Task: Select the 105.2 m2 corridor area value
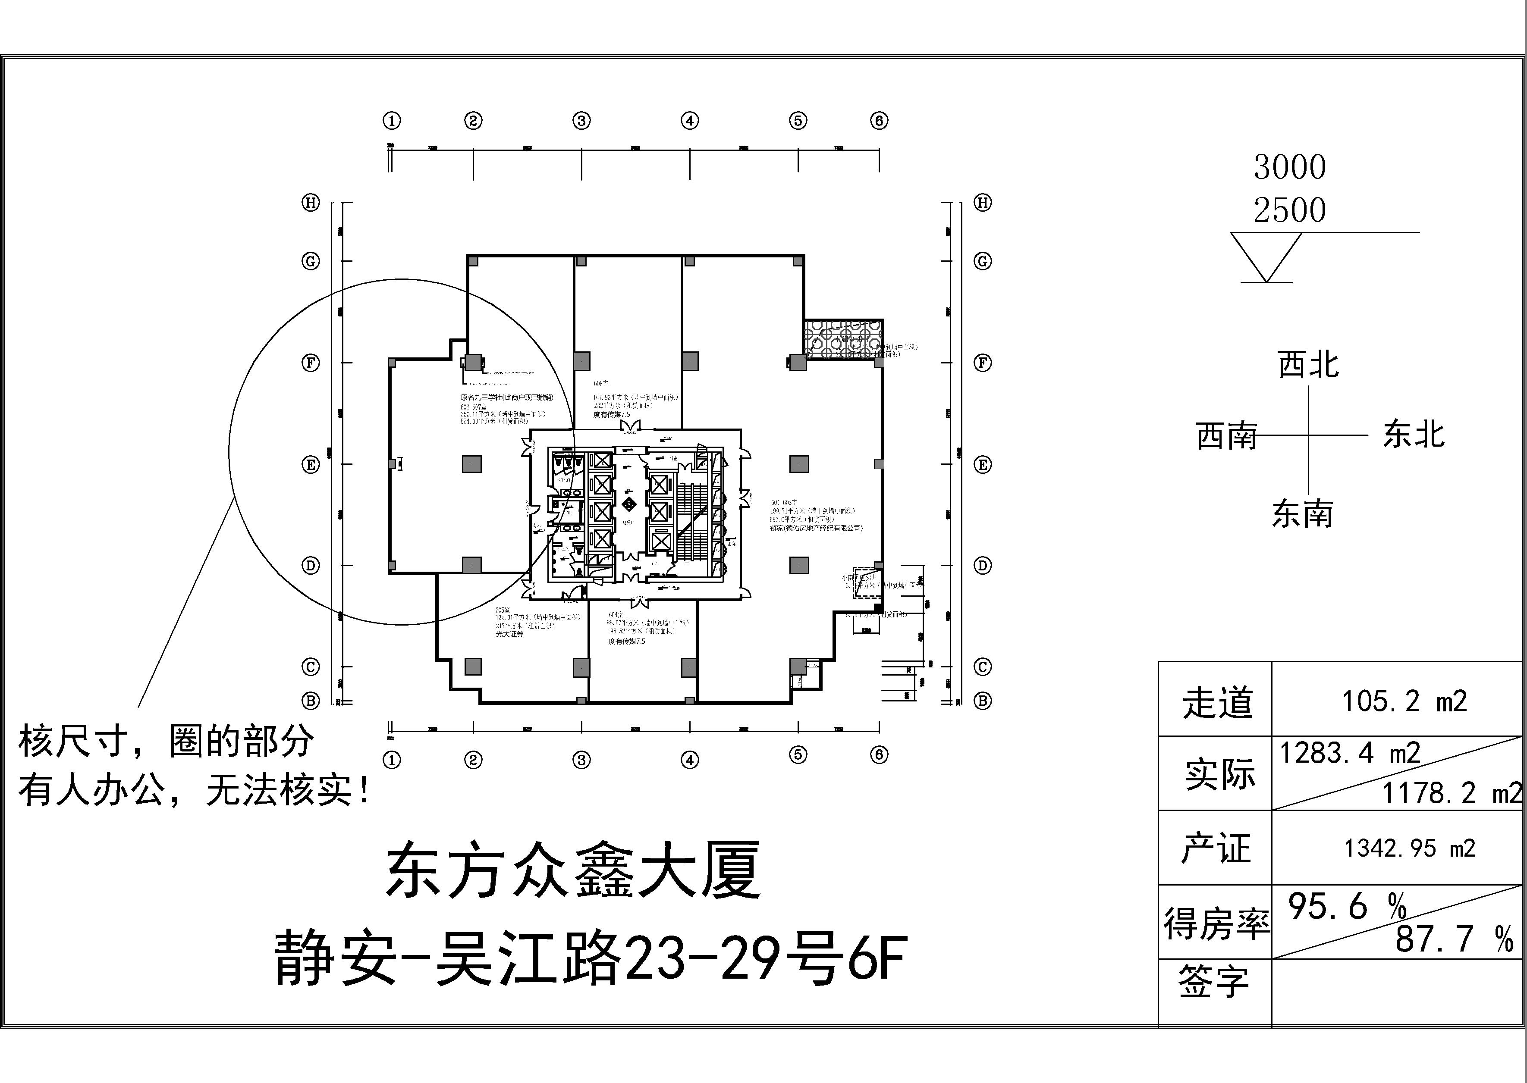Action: pyautogui.click(x=1404, y=701)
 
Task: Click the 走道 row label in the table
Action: pyautogui.click(x=1217, y=703)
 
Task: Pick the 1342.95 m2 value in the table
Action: pyautogui.click(x=1409, y=848)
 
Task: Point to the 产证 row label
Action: pyautogui.click(x=1216, y=849)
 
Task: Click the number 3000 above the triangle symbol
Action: pyautogui.click(x=1289, y=167)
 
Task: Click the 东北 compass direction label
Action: pyautogui.click(x=1414, y=435)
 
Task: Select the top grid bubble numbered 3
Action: pyautogui.click(x=581, y=121)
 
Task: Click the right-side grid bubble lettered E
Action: pyautogui.click(x=982, y=465)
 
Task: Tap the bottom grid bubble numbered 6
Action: pyautogui.click(x=879, y=755)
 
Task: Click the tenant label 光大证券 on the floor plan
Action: pyautogui.click(x=509, y=634)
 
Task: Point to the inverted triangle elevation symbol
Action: pyautogui.click(x=1266, y=257)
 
